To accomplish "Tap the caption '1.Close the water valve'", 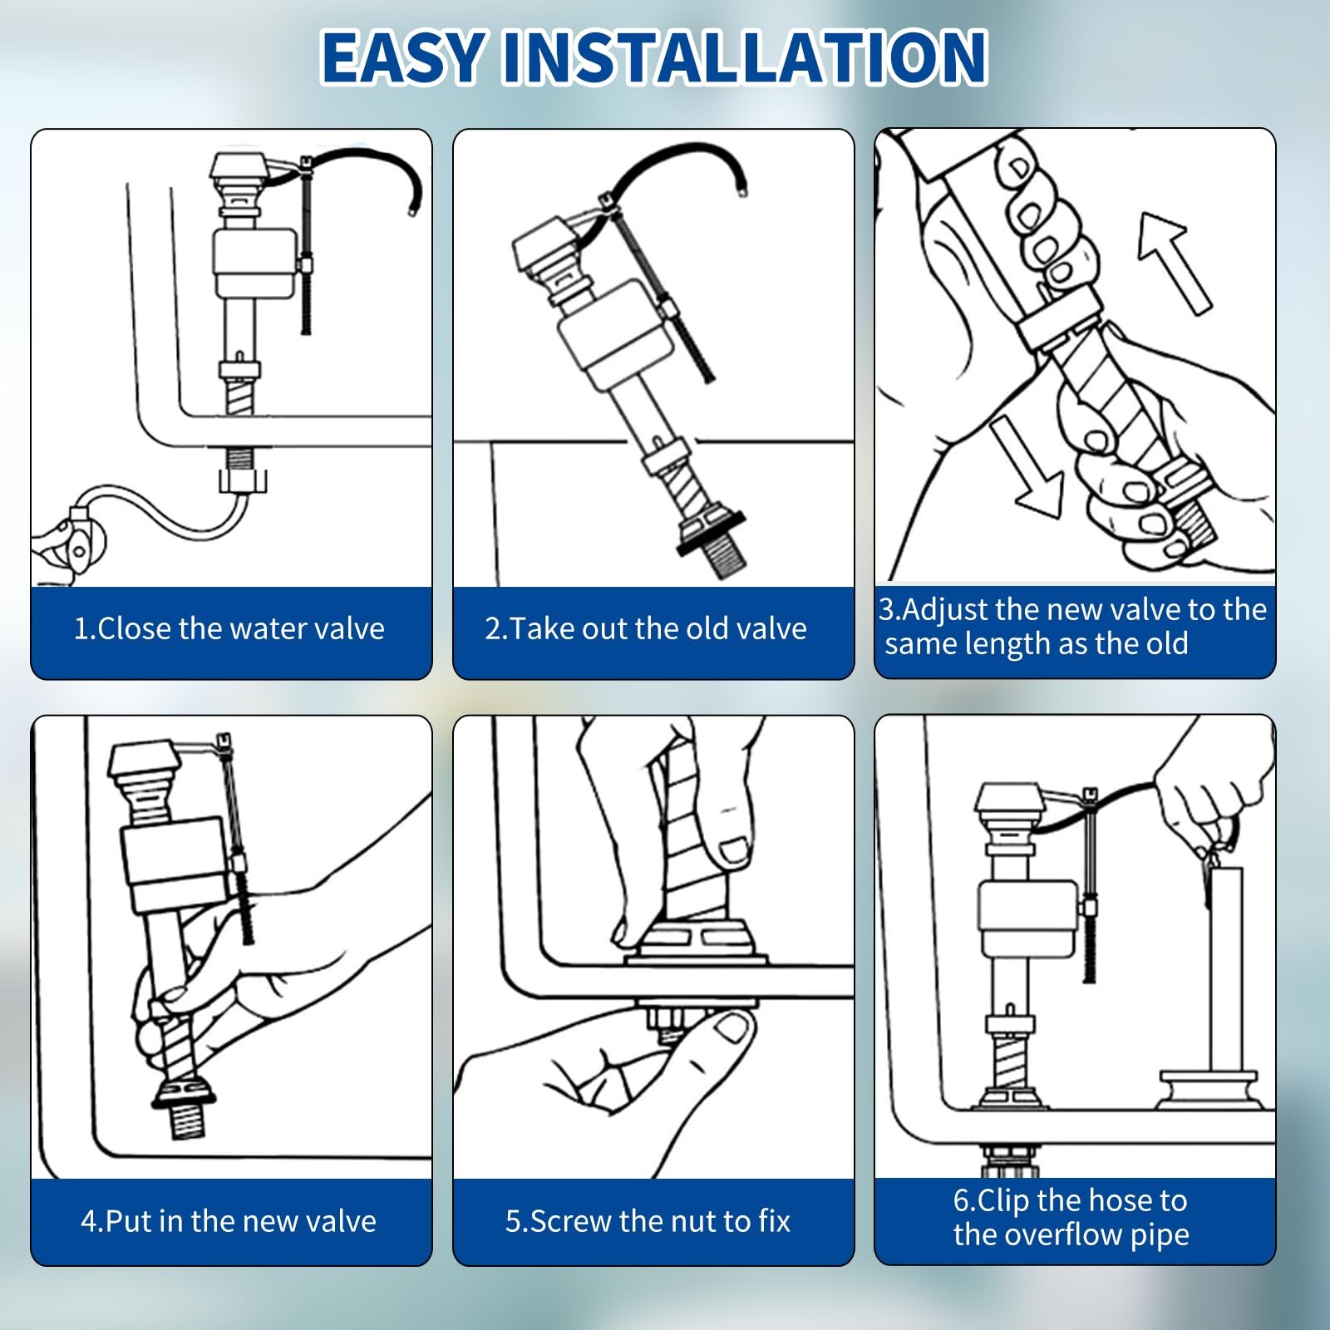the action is point(229,628).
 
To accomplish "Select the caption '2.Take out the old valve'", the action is point(646,628).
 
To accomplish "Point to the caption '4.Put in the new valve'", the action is point(229,1221).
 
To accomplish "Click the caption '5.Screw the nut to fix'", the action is point(648,1221).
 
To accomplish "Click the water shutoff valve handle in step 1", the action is point(70,539).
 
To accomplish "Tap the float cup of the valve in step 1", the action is point(254,263).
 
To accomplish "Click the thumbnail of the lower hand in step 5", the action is point(731,1029).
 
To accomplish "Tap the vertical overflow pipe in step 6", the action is point(1225,969).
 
